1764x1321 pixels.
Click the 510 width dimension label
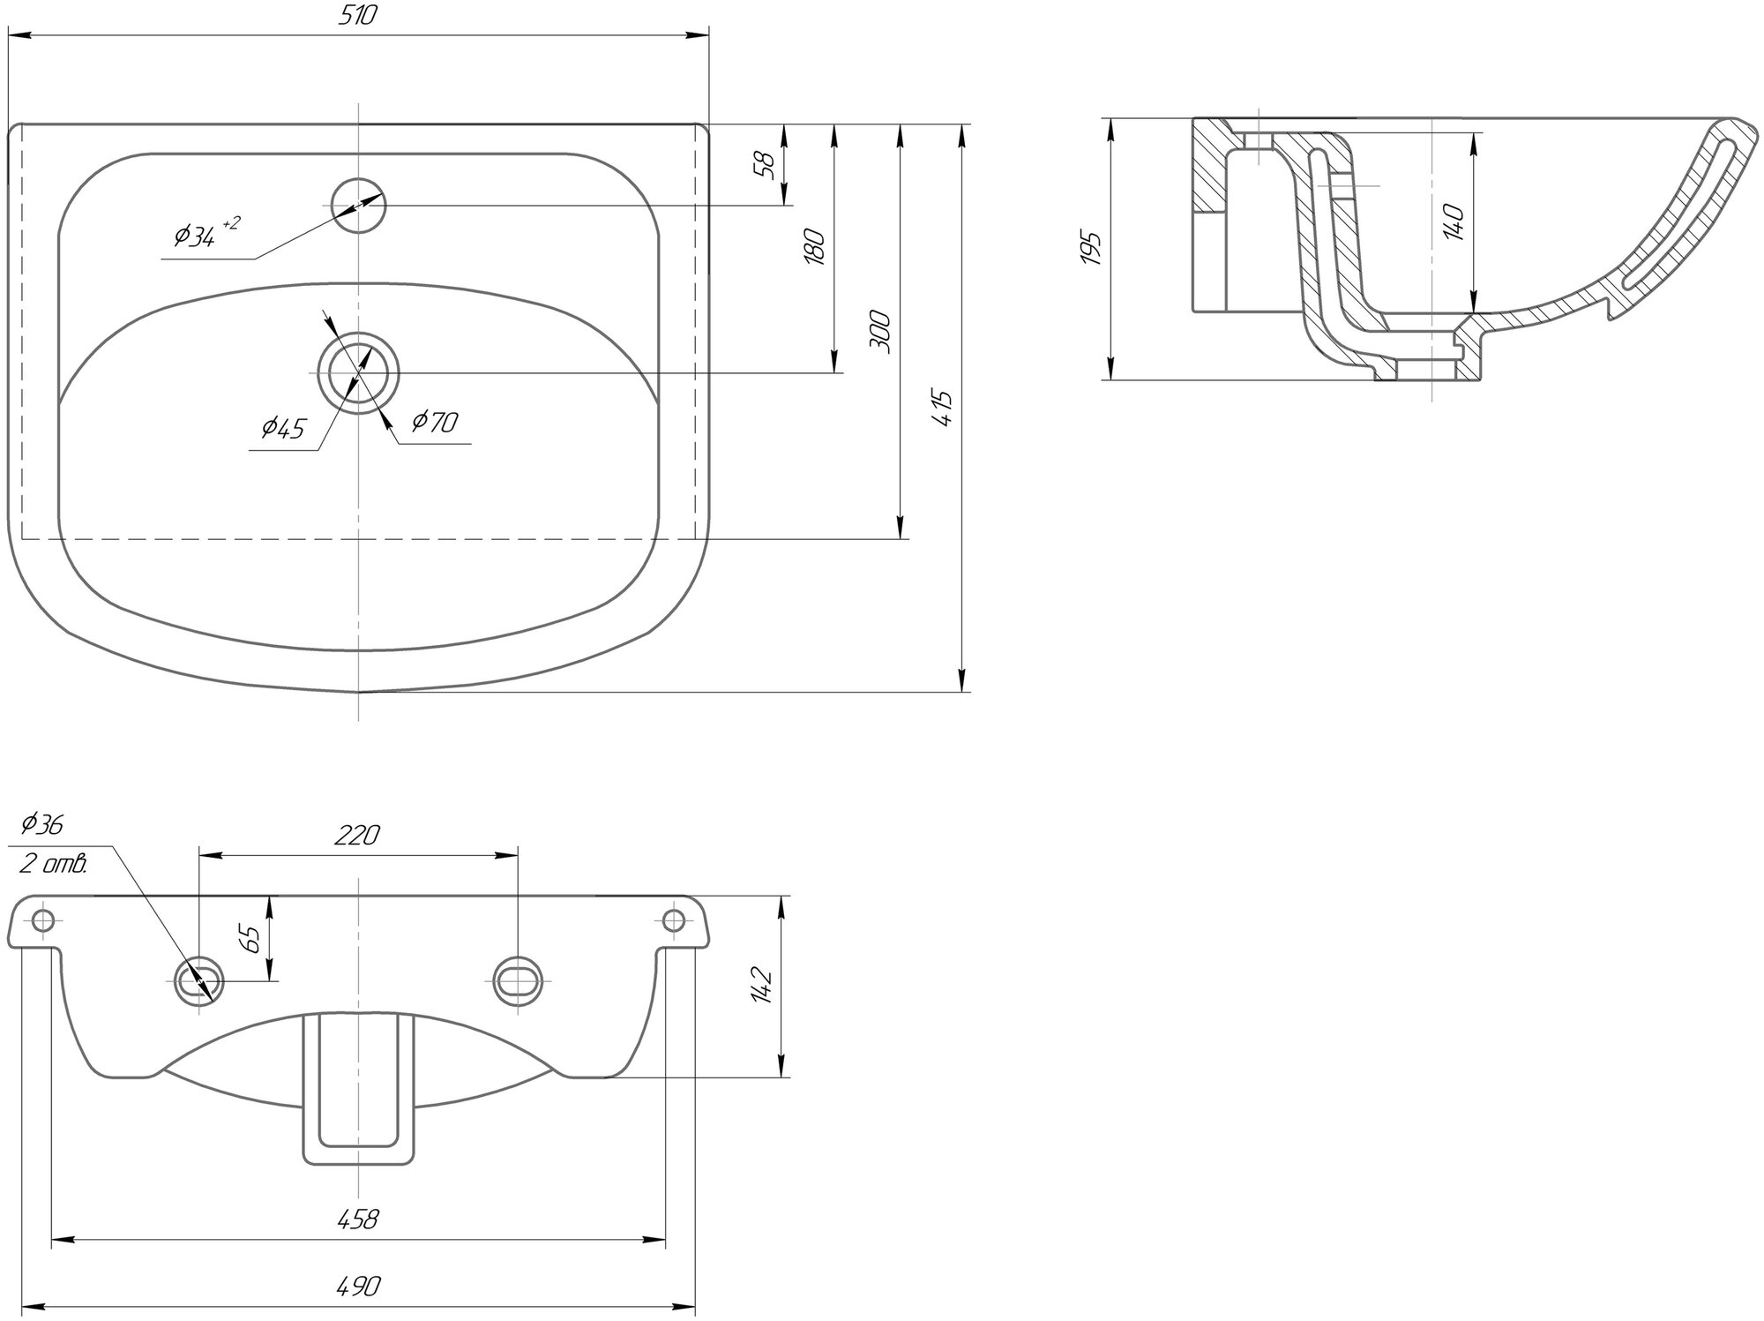point(359,16)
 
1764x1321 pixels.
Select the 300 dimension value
point(880,332)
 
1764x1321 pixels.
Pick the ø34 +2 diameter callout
point(206,233)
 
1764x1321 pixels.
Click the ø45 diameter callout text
point(282,429)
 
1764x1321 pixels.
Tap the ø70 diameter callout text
point(434,423)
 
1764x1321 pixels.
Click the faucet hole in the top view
point(359,206)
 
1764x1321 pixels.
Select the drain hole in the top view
point(359,372)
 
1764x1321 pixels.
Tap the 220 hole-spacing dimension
point(356,835)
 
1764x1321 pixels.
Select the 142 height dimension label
point(763,985)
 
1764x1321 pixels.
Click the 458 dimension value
point(357,1220)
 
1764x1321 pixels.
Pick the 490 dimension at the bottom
point(357,1287)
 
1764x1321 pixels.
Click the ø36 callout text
point(41,824)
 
